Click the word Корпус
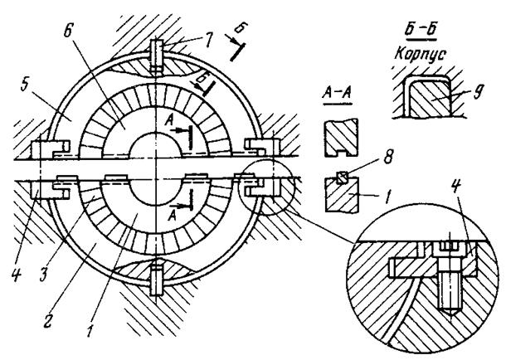tap(420, 55)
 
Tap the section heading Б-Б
tap(421, 31)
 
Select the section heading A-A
tap(337, 94)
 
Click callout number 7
tap(208, 40)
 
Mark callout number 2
tap(48, 320)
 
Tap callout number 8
tap(388, 158)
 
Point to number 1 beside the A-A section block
tap(388, 195)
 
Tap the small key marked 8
tap(342, 178)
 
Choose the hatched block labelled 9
tap(429, 99)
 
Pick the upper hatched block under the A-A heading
tap(341, 138)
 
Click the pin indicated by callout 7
tap(157, 56)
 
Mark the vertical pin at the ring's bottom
tap(157, 277)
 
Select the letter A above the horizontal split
tap(168, 121)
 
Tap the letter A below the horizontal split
tap(173, 215)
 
